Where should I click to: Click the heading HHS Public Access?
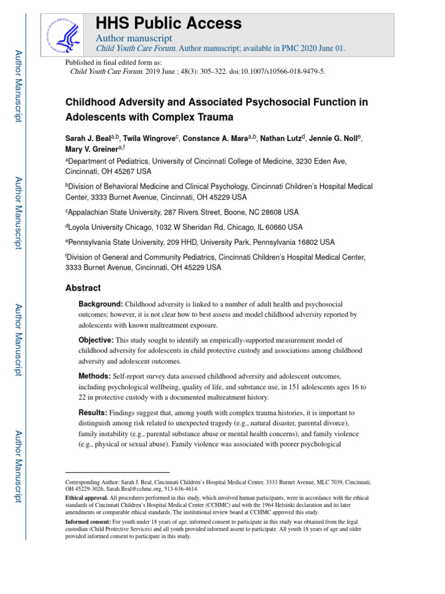point(168,23)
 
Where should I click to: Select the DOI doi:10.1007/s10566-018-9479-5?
point(274,71)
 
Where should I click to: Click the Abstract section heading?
point(82,288)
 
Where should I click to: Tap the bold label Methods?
point(94,375)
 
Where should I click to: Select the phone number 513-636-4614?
point(167,489)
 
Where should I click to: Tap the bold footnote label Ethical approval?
point(86,498)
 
